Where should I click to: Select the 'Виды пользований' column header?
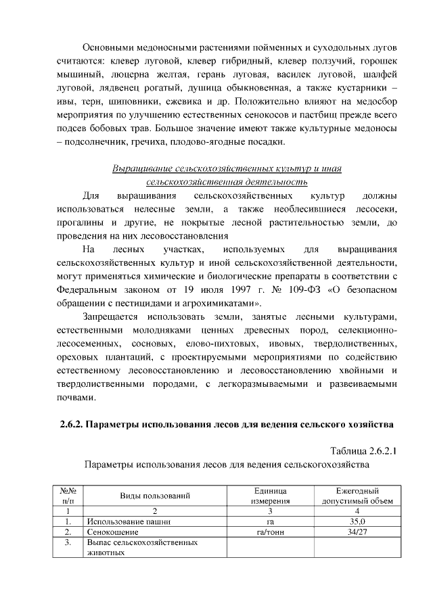point(155,495)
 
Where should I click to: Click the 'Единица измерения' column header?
point(270,495)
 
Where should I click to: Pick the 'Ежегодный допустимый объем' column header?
point(357,495)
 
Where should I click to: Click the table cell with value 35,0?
point(357,521)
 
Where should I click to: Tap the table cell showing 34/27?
point(357,532)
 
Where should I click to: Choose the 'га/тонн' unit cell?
point(270,532)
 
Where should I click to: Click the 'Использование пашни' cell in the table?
point(128,521)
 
